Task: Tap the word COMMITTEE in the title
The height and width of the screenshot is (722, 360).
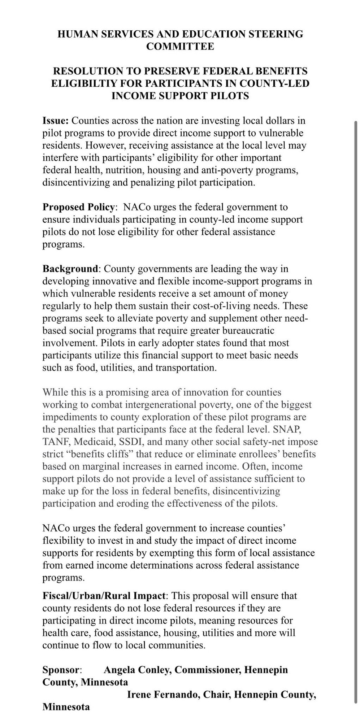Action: click(x=180, y=46)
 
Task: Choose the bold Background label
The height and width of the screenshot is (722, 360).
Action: click(x=70, y=269)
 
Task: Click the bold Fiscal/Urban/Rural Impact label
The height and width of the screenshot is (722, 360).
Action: click(x=104, y=596)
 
